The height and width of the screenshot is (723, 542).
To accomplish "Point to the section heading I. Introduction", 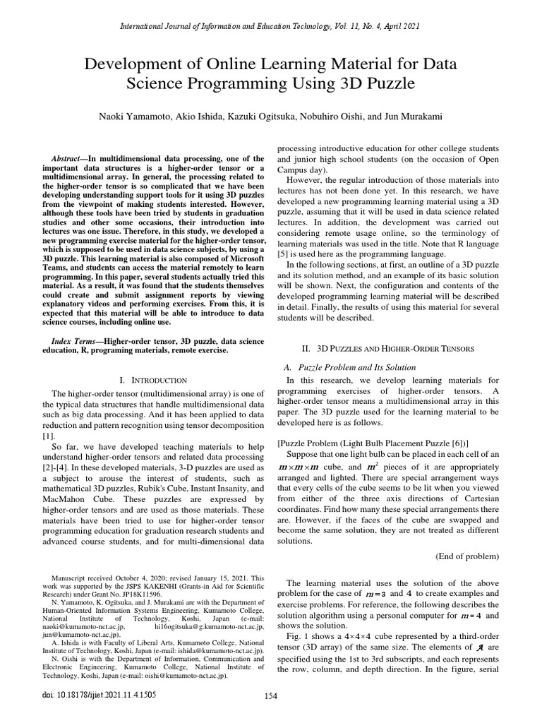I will [154, 380].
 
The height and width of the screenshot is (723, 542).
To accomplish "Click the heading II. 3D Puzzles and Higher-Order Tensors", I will [388, 349].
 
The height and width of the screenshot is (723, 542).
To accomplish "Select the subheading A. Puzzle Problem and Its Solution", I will [349, 367].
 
